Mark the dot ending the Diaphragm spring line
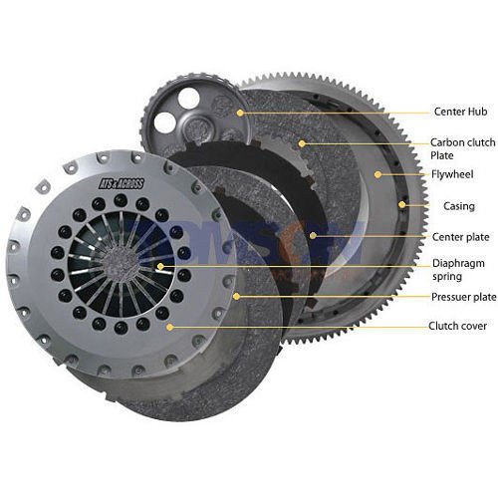coord(159,266)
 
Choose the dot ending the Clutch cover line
coord(171,326)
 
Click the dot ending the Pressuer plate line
coord(235,296)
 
